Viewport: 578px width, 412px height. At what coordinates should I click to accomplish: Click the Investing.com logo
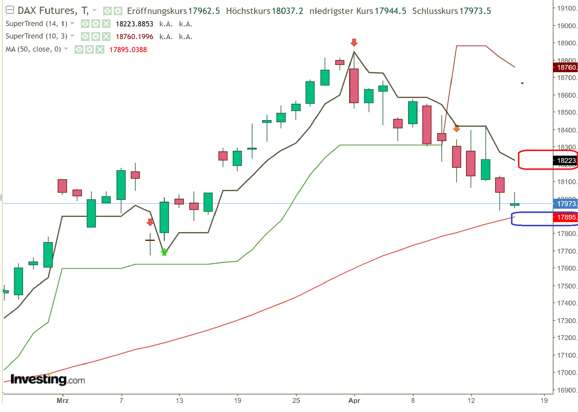(x=48, y=379)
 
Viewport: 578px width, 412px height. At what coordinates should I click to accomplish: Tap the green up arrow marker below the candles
(x=164, y=252)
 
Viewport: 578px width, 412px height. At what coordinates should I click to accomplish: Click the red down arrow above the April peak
(x=354, y=42)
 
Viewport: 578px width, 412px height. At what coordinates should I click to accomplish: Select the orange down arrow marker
(x=456, y=129)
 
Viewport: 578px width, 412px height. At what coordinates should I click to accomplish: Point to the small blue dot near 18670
(x=522, y=83)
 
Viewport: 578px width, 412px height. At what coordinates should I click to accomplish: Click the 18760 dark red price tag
(x=566, y=67)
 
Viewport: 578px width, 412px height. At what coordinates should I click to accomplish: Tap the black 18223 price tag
(x=566, y=160)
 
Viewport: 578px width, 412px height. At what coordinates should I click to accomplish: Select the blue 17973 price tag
(x=566, y=204)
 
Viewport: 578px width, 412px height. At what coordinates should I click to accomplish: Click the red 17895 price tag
(x=566, y=217)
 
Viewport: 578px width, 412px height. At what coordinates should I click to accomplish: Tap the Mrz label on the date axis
(x=63, y=400)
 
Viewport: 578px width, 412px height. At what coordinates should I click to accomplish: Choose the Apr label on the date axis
(x=354, y=400)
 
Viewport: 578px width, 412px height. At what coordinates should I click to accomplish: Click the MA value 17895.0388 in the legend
(x=128, y=50)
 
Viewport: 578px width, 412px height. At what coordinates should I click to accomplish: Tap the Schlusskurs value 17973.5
(x=475, y=11)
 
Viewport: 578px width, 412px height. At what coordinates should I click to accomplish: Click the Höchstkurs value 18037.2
(x=287, y=11)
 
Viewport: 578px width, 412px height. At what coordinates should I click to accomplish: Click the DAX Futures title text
(x=47, y=11)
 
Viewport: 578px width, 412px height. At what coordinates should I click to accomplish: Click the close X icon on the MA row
(x=100, y=49)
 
